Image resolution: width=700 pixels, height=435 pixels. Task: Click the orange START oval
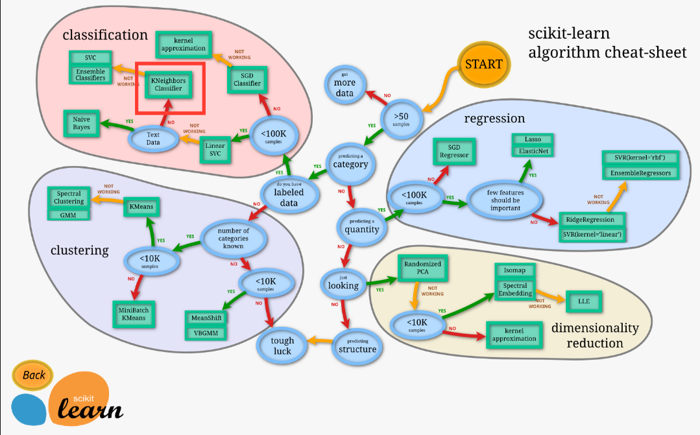point(483,64)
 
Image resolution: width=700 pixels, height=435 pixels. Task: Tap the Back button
point(33,375)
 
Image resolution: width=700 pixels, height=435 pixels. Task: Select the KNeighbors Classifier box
point(168,84)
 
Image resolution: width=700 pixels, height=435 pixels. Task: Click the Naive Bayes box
point(82,123)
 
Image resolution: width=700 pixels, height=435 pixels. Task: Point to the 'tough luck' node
point(282,346)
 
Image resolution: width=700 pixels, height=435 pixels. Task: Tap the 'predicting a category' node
point(350,162)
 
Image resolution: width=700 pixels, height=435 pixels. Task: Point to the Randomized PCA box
point(422,269)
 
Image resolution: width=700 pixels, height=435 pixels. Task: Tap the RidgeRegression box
point(590,220)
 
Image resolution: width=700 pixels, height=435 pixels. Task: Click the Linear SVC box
point(215,150)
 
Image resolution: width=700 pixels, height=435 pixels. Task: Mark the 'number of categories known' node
point(234,238)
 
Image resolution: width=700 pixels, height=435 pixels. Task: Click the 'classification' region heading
point(105,34)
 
